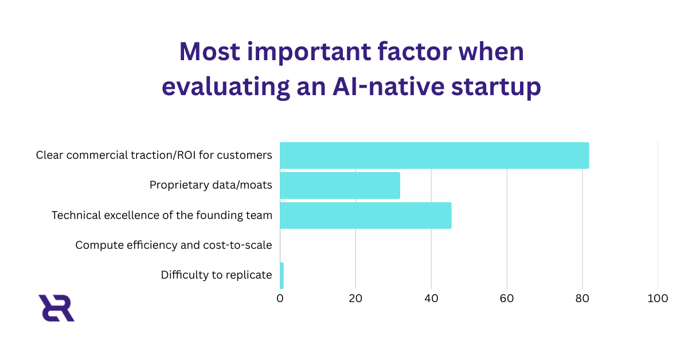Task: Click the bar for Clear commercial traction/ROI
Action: (x=434, y=155)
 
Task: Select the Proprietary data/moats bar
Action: (x=339, y=185)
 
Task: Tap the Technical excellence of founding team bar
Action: (x=365, y=216)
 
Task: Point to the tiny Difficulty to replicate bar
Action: (x=282, y=275)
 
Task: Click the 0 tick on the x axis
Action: (x=280, y=299)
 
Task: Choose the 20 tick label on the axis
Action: (x=355, y=299)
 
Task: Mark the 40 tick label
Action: (x=431, y=299)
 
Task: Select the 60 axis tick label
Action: (x=507, y=299)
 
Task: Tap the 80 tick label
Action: (x=583, y=299)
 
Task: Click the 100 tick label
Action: (x=658, y=299)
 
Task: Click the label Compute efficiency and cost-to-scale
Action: (x=174, y=245)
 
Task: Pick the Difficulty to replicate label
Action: (x=216, y=275)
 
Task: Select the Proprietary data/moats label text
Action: (x=210, y=185)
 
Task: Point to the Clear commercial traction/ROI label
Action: (x=154, y=155)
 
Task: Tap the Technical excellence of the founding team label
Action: (x=162, y=216)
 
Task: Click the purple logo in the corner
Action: (x=56, y=308)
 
